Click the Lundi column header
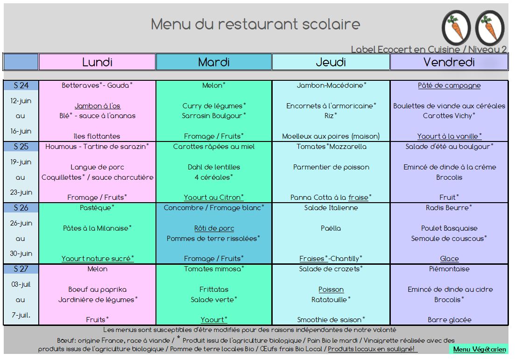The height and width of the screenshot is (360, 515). pyautogui.click(x=97, y=62)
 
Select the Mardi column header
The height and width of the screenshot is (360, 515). pyautogui.click(x=214, y=62)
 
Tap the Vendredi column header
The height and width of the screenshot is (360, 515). pyautogui.click(x=449, y=62)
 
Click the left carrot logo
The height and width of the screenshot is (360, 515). pyautogui.click(x=456, y=28)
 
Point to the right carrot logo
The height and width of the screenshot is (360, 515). pyautogui.click(x=490, y=28)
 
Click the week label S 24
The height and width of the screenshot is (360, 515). pyautogui.click(x=21, y=85)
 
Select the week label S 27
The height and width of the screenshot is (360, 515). pyautogui.click(x=21, y=269)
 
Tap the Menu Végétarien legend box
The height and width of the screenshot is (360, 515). pyautogui.click(x=479, y=349)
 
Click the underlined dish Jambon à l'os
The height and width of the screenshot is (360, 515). pyautogui.click(x=98, y=106)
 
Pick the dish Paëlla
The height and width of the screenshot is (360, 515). pyautogui.click(x=331, y=228)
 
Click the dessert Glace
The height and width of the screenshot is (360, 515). pyautogui.click(x=449, y=259)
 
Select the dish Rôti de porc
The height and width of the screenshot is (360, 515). pyautogui.click(x=214, y=228)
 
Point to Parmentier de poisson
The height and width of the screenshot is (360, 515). pyautogui.click(x=331, y=167)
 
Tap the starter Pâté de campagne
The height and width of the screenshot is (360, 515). pyautogui.click(x=449, y=85)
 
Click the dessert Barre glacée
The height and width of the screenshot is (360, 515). pyautogui.click(x=449, y=320)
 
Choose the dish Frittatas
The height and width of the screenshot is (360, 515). pyautogui.click(x=214, y=289)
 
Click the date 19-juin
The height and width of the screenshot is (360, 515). pyautogui.click(x=21, y=162)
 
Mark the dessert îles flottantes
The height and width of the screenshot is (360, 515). pyautogui.click(x=97, y=136)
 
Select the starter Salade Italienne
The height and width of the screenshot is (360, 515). pyautogui.click(x=331, y=208)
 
